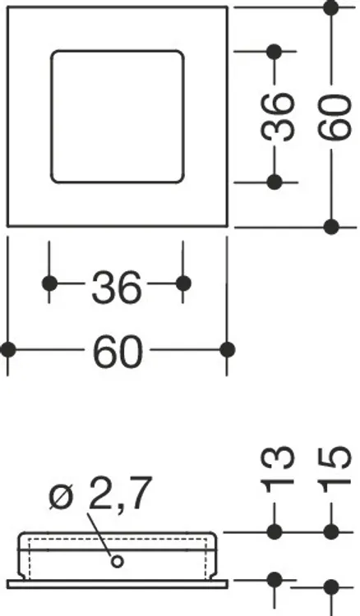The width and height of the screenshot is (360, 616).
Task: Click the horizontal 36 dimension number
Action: (116, 287)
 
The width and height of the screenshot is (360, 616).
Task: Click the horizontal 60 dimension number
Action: (117, 351)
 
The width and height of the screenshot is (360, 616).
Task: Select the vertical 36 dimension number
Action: (278, 117)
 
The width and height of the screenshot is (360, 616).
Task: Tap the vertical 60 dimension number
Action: (334, 117)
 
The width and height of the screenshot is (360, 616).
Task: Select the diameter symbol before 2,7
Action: (62, 498)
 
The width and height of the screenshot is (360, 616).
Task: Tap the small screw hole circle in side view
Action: (117, 562)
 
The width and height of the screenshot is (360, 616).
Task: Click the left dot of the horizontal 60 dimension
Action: (8, 349)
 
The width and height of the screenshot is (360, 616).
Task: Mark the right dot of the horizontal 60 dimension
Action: (227, 349)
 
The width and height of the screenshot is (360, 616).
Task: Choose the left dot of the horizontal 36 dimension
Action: (49, 283)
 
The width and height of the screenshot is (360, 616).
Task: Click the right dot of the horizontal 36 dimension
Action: (183, 283)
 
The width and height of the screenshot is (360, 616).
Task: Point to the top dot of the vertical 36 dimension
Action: (274, 52)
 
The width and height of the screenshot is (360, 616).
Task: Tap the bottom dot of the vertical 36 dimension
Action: (274, 182)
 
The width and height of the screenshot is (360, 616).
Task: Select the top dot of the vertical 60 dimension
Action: (331, 7)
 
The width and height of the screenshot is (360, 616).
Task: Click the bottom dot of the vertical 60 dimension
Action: (331, 227)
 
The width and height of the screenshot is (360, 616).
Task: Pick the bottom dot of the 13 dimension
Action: (274, 580)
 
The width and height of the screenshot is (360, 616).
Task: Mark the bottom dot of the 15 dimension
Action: (331, 587)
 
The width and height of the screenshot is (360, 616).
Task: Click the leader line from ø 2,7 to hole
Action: (99, 536)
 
